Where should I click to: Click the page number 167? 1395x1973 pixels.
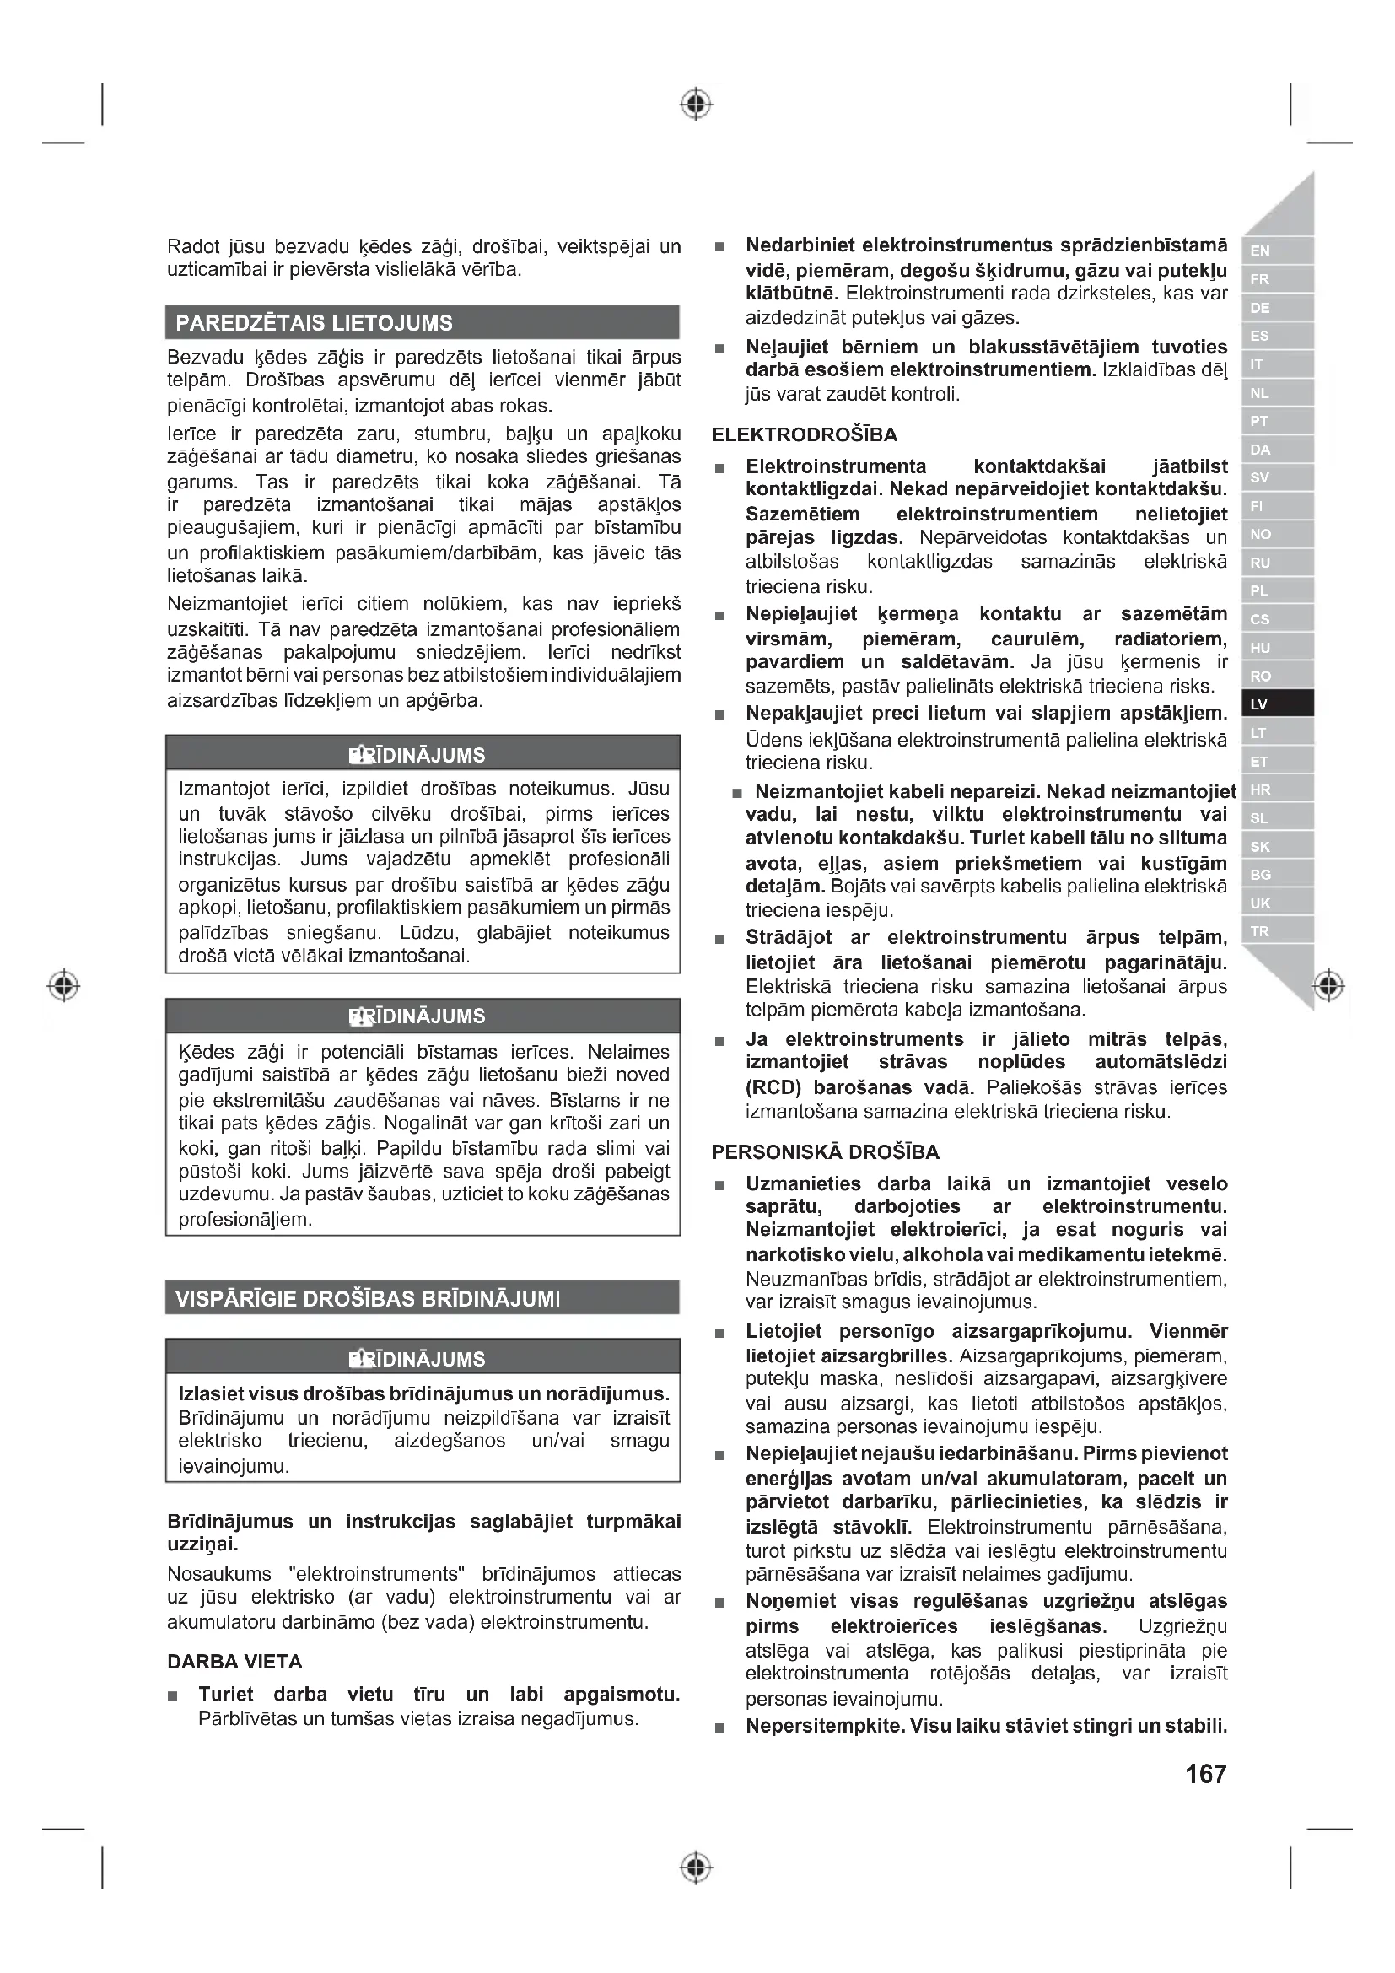(x=1205, y=1774)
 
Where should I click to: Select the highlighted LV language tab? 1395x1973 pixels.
(x=1276, y=703)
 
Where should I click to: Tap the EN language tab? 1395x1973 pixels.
(x=1276, y=250)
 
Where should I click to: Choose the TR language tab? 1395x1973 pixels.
(x=1276, y=930)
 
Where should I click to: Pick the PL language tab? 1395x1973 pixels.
(x=1276, y=590)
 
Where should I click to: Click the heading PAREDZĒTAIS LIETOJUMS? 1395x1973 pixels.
(x=314, y=323)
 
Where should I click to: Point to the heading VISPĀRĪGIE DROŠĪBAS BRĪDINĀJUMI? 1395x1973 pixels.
(x=368, y=1298)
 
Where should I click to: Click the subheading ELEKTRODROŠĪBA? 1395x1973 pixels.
(x=804, y=434)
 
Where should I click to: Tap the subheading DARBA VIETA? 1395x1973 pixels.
(x=234, y=1662)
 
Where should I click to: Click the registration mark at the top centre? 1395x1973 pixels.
(x=697, y=104)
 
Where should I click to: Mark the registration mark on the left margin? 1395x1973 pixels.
(x=63, y=984)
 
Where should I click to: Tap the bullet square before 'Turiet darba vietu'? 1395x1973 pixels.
(x=173, y=1696)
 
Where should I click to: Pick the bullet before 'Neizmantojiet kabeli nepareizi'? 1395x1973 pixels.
(x=737, y=792)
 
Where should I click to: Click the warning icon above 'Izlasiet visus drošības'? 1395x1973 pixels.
(x=359, y=1359)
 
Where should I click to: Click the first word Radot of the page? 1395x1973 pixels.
(x=193, y=246)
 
